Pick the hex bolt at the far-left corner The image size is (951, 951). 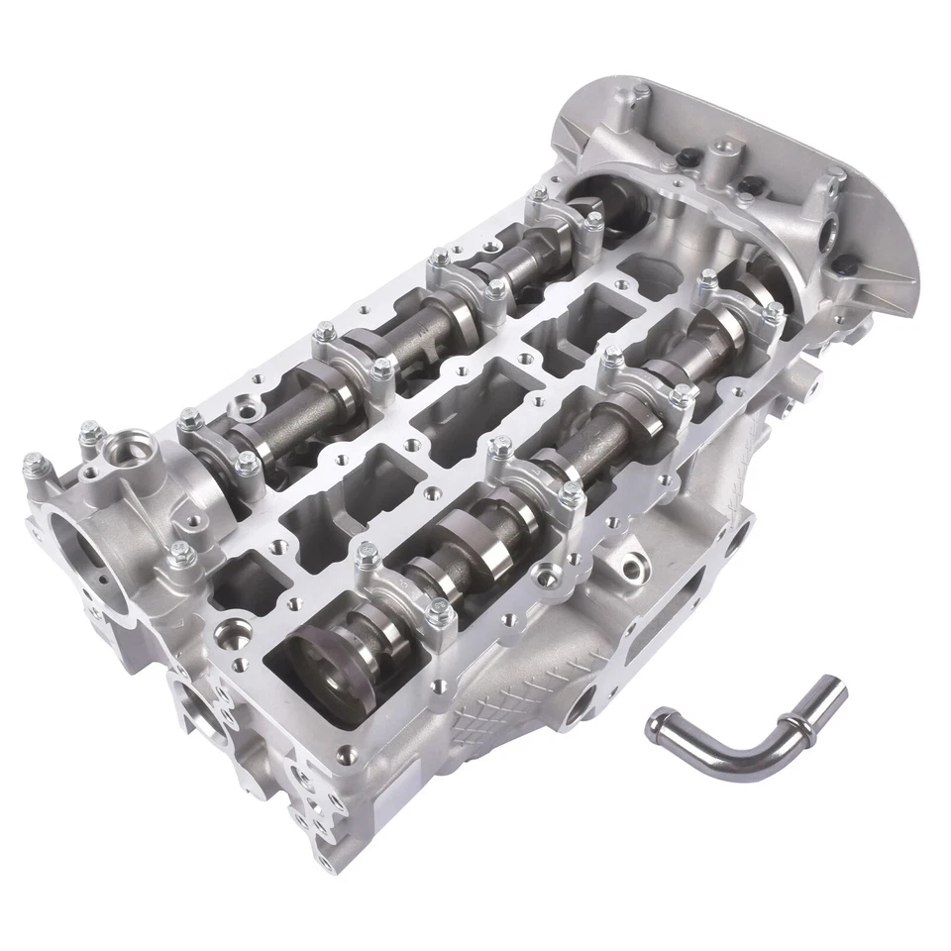(x=32, y=462)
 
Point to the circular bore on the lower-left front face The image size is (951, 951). (x=205, y=711)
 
